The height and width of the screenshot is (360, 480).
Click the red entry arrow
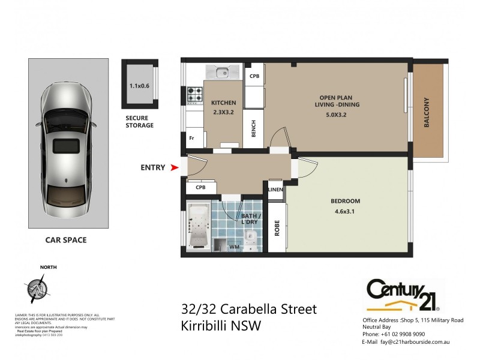click(x=175, y=168)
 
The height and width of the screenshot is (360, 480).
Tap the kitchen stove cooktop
click(x=195, y=95)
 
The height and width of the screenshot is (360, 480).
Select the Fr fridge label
click(x=192, y=138)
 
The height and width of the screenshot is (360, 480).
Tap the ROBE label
click(x=277, y=229)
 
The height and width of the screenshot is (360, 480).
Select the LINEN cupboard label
click(x=275, y=190)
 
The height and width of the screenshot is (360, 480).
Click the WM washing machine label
click(x=234, y=247)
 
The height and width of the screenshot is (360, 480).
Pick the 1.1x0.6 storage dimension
click(x=139, y=85)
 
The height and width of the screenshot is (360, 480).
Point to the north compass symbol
click(x=36, y=288)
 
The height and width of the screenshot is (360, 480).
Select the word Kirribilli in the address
click(x=208, y=327)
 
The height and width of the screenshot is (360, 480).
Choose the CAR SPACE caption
click(x=66, y=240)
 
